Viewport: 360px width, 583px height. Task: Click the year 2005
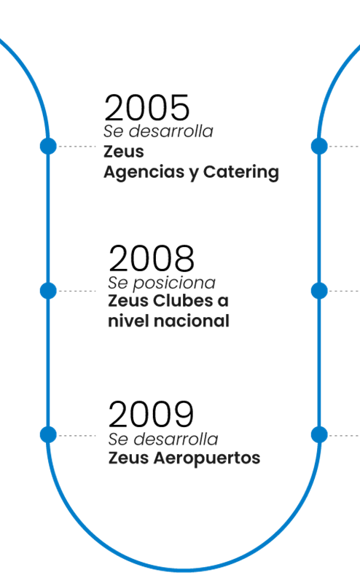[147, 107]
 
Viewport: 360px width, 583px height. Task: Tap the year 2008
[152, 258]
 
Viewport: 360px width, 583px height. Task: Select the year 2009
[151, 414]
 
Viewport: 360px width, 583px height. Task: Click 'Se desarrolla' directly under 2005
[158, 131]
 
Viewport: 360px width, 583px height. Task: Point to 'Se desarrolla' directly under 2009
[163, 439]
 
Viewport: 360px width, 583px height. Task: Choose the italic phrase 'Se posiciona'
[161, 283]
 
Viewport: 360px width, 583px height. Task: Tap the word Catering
[241, 172]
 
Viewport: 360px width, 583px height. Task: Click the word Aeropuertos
[207, 458]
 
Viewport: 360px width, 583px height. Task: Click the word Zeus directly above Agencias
[123, 152]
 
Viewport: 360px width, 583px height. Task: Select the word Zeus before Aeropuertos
[129, 458]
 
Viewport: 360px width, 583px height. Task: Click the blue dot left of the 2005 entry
[48, 146]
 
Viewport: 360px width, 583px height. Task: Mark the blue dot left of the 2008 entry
[48, 290]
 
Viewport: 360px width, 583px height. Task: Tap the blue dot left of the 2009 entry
[48, 434]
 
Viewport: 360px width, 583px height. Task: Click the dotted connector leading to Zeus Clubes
[77, 291]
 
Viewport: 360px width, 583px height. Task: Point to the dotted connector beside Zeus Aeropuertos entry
[77, 435]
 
